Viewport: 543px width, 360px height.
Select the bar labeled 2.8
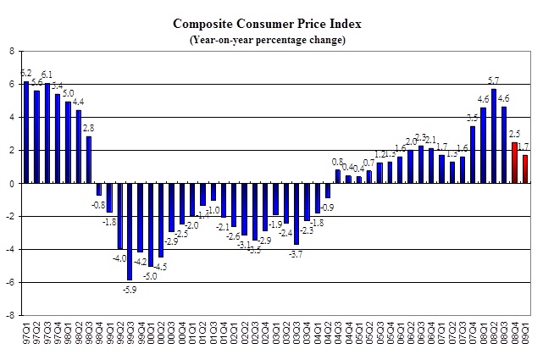(x=89, y=160)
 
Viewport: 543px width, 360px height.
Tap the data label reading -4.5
(x=161, y=267)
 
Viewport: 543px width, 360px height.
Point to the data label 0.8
(x=338, y=162)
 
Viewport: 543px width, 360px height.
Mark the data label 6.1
(x=48, y=75)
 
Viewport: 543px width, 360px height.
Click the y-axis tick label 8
(x=10, y=52)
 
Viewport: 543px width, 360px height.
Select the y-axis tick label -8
(x=8, y=315)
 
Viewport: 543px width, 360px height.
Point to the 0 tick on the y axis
(x=10, y=184)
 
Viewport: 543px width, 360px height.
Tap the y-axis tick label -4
(x=8, y=250)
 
